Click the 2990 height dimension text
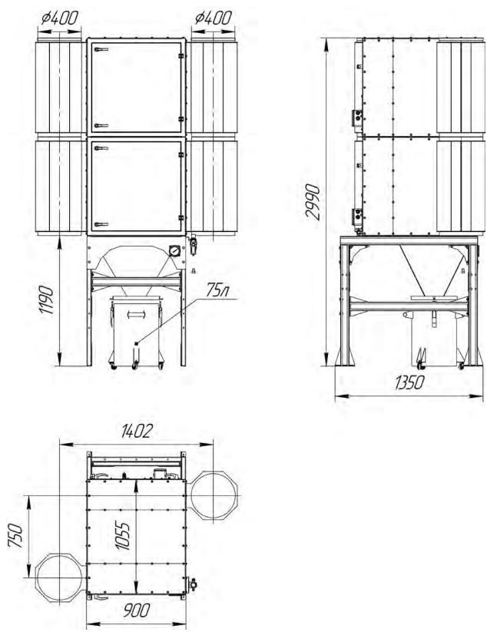click(x=313, y=201)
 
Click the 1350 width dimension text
click(x=409, y=382)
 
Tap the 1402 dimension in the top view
click(x=137, y=432)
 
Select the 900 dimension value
click(x=137, y=610)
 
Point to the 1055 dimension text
click(x=123, y=536)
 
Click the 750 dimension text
click(x=15, y=535)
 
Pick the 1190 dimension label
click(x=46, y=300)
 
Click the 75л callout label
click(x=217, y=290)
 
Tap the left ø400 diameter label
click(x=60, y=18)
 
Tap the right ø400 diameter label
click(x=214, y=18)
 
